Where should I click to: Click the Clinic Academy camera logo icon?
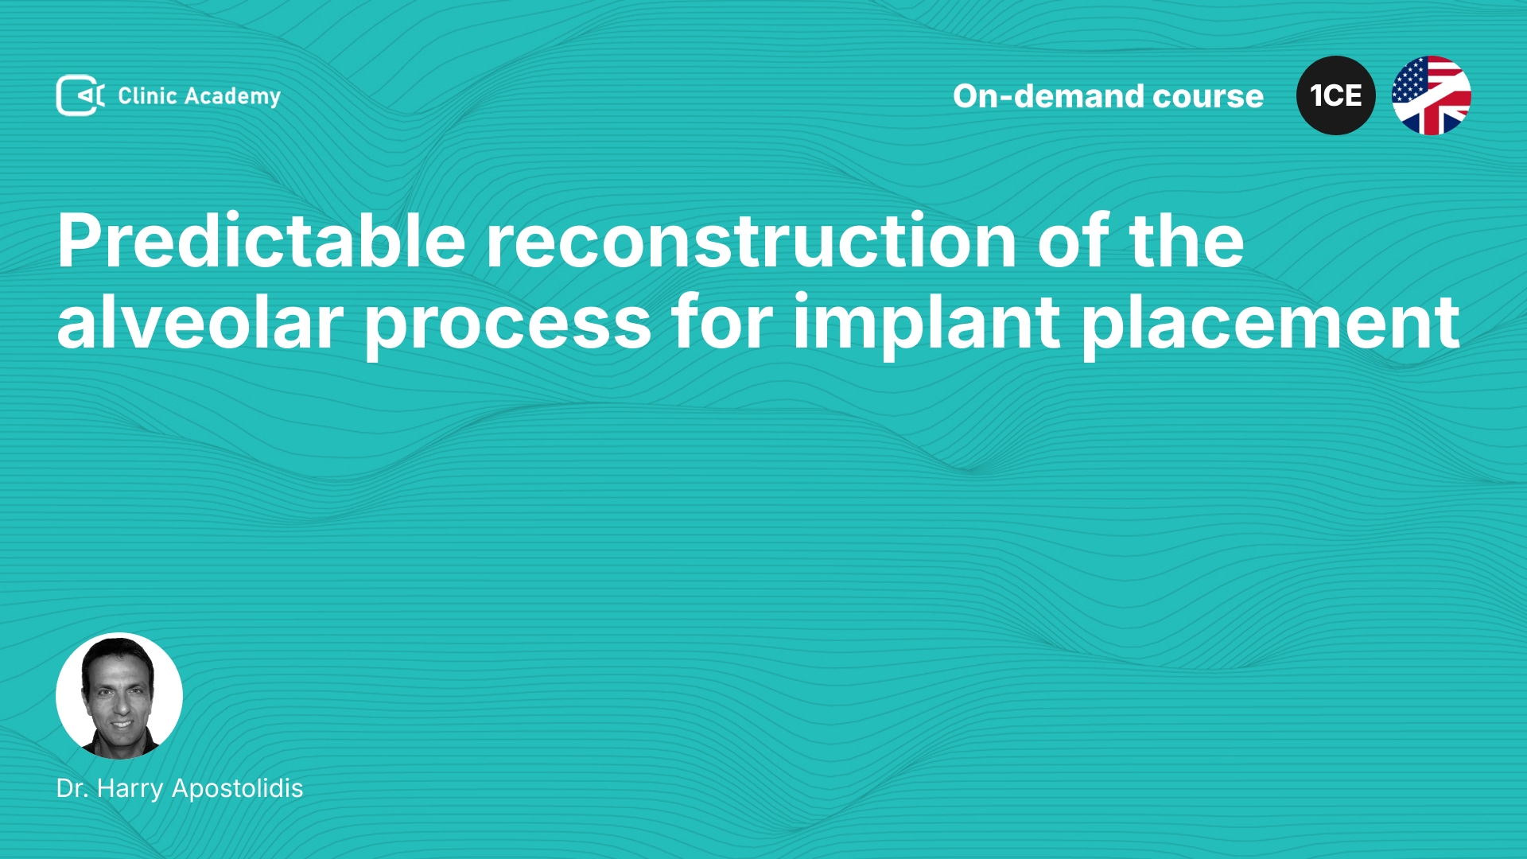(x=80, y=95)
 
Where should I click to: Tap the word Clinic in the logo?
(x=147, y=95)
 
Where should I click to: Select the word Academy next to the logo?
(x=233, y=97)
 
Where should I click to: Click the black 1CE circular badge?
(x=1336, y=95)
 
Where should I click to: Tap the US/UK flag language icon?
(x=1432, y=95)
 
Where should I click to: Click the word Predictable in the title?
(x=262, y=240)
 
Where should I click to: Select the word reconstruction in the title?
(x=752, y=242)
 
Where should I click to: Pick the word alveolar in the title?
(x=200, y=321)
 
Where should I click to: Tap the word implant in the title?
(x=927, y=327)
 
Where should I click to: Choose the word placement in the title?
(x=1270, y=327)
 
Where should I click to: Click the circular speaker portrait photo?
(x=119, y=696)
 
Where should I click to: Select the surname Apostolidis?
(x=238, y=789)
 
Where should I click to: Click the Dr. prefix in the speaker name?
(x=72, y=788)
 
